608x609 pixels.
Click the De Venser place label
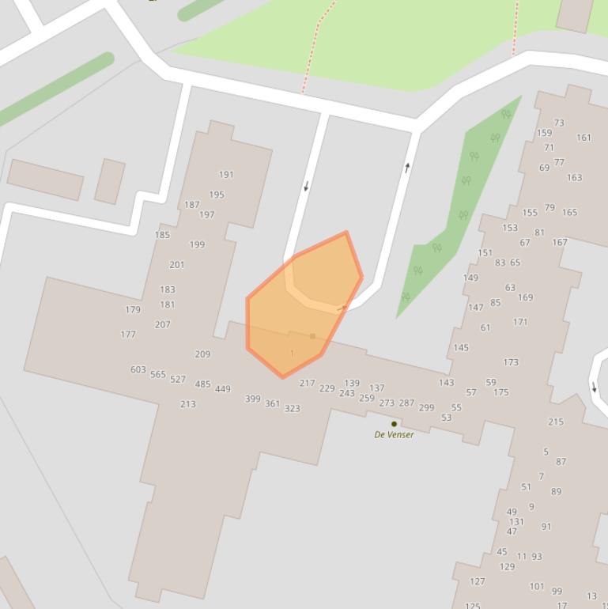(x=394, y=434)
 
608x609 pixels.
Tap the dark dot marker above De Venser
(x=394, y=424)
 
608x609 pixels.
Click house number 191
(x=227, y=175)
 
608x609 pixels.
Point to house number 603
(x=138, y=369)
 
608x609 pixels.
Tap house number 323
(x=293, y=408)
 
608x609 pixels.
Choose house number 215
(x=556, y=422)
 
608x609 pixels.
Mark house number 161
(x=583, y=138)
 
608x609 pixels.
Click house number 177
(x=128, y=335)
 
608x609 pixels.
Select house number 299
(x=426, y=407)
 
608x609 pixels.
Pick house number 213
(x=187, y=404)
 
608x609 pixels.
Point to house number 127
(x=477, y=581)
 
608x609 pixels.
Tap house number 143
(x=447, y=383)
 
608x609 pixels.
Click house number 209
(x=202, y=354)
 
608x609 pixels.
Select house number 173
(x=511, y=362)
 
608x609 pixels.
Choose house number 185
(x=162, y=235)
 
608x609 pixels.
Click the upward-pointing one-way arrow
(x=408, y=167)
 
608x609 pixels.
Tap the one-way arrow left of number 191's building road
(x=307, y=187)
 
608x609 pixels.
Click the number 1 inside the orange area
(x=293, y=354)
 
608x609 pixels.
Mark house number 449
(x=223, y=389)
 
